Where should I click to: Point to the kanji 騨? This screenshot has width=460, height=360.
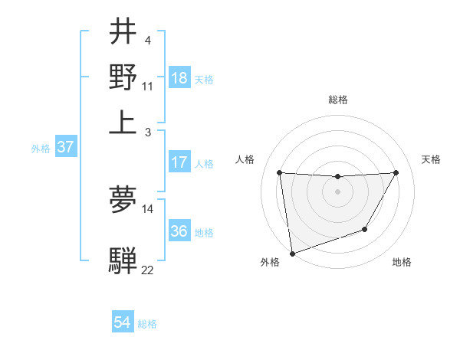[x=123, y=260]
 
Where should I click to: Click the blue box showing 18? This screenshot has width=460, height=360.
[x=179, y=77]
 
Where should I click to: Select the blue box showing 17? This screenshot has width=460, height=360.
[x=179, y=162]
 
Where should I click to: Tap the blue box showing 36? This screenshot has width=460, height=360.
[x=179, y=231]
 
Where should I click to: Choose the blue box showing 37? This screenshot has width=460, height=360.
[x=65, y=147]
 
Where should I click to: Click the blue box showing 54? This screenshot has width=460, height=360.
[x=123, y=322]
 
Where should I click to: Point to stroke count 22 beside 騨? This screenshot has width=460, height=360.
[x=148, y=270]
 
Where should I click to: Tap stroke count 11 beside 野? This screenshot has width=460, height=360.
[x=148, y=86]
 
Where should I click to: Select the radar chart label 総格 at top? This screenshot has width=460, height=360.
[x=337, y=100]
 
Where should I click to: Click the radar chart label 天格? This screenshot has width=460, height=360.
[x=431, y=159]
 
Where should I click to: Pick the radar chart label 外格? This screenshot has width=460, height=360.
[x=269, y=262]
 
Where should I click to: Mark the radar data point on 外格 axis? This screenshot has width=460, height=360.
[x=292, y=254]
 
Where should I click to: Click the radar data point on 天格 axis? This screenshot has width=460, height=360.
[x=396, y=172]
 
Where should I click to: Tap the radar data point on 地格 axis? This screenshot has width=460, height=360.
[x=365, y=229]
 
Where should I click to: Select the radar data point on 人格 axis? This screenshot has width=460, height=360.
[x=279, y=172]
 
